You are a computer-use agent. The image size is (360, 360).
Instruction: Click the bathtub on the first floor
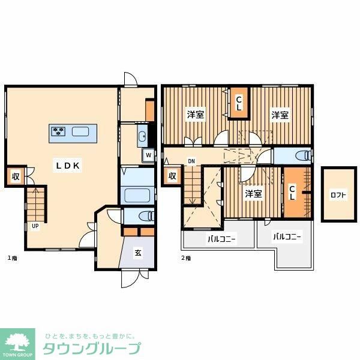point(138,195)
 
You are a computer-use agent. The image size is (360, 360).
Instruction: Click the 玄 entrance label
point(137,253)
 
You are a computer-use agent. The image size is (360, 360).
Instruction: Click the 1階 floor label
point(11,259)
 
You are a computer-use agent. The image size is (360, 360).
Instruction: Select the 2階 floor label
point(186,259)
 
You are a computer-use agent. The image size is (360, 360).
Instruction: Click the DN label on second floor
point(191,161)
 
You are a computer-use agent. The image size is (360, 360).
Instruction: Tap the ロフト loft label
point(338,195)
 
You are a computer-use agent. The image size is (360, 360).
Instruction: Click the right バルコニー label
point(287,237)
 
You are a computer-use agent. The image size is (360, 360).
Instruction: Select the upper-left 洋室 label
point(194,115)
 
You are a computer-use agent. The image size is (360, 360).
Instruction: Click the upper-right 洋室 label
point(279,115)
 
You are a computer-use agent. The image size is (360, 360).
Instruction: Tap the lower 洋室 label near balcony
point(253,194)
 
